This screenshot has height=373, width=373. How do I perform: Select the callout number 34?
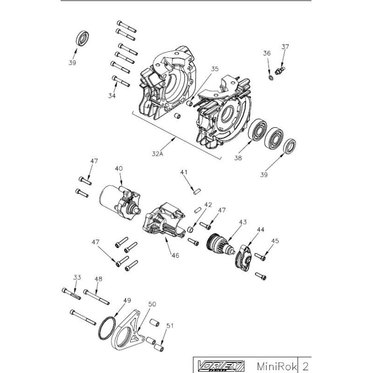point(112,96)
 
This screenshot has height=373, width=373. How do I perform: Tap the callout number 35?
point(214,69)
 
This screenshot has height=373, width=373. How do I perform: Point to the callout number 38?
point(238,159)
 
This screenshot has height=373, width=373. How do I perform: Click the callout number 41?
point(184,172)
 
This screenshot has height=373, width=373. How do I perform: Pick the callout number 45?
point(275,241)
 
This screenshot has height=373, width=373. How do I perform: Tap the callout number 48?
point(98,279)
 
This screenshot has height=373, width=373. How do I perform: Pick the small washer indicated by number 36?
point(270,76)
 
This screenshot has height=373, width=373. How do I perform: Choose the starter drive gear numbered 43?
point(219,244)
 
